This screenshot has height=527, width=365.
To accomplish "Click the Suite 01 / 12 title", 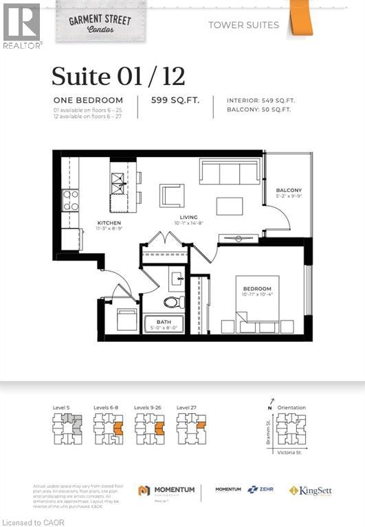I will [118, 75].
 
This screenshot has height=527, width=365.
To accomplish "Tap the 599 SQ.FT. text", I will [175, 99].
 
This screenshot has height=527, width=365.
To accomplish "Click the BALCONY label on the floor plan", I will [289, 191].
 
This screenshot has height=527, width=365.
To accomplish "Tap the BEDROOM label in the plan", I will [257, 288].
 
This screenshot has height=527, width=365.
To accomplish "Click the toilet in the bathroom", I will [170, 302].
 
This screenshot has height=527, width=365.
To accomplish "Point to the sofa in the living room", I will [230, 171].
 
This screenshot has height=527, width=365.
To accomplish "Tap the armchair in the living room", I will [172, 196].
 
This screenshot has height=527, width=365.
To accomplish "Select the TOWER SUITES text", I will [244, 25].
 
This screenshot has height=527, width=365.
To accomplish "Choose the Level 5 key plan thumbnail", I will [67, 430].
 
